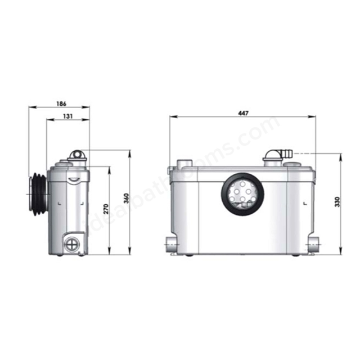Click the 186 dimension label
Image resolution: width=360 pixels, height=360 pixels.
pyautogui.click(x=61, y=103)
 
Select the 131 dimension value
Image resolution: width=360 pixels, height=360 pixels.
pyautogui.click(x=67, y=116)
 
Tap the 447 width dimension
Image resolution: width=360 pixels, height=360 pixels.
pyautogui.click(x=243, y=113)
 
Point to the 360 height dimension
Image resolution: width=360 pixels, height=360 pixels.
pyautogui.click(x=127, y=199)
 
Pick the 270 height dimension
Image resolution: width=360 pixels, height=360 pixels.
pyautogui.click(x=106, y=209)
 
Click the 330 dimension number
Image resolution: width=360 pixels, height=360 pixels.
pyautogui.click(x=337, y=202)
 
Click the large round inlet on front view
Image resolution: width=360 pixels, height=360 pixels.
pyautogui.click(x=242, y=194)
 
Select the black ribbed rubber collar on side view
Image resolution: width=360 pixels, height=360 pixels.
pyautogui.click(x=39, y=194)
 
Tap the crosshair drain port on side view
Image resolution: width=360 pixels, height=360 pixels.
pyautogui.click(x=72, y=244)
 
